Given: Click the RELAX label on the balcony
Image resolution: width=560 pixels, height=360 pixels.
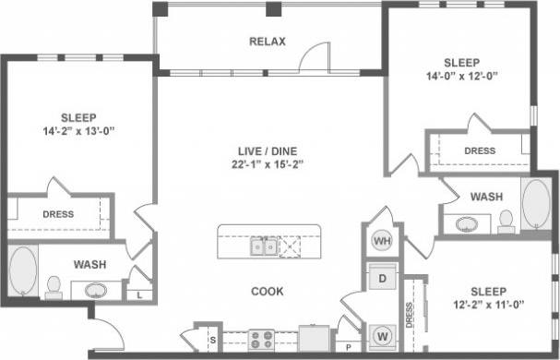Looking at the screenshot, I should [268, 42].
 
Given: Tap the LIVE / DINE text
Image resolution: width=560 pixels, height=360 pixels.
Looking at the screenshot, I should [268, 150].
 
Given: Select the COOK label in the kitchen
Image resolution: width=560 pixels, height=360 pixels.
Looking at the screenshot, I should [267, 292].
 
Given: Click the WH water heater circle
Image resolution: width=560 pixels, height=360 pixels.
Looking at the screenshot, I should [382, 241].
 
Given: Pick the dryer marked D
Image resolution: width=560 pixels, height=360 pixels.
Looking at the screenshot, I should [382, 277].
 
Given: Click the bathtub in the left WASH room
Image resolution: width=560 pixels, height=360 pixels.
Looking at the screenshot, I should [22, 272].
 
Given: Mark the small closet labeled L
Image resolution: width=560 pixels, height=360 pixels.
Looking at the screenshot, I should [138, 294].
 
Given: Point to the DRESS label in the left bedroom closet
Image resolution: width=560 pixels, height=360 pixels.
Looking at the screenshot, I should [58, 214].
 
